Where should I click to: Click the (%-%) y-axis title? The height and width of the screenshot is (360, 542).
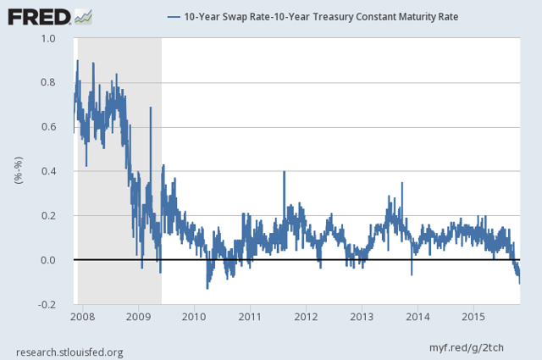coord(18,171)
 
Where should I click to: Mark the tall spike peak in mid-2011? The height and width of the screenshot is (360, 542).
coord(284,172)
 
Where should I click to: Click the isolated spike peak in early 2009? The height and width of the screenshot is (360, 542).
coord(151,108)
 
